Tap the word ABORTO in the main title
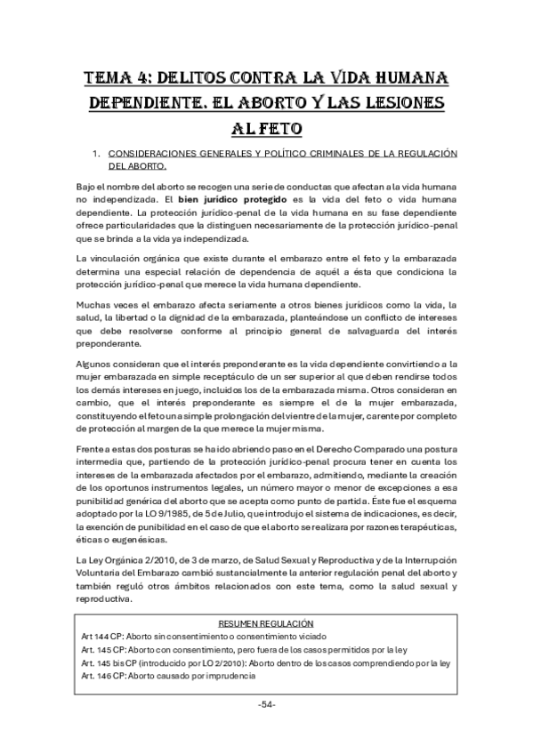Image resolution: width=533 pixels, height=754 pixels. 290,103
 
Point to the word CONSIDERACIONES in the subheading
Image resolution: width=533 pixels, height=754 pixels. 154,154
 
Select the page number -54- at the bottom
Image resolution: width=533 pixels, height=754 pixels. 266,704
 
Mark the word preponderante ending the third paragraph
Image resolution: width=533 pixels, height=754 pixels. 109,344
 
